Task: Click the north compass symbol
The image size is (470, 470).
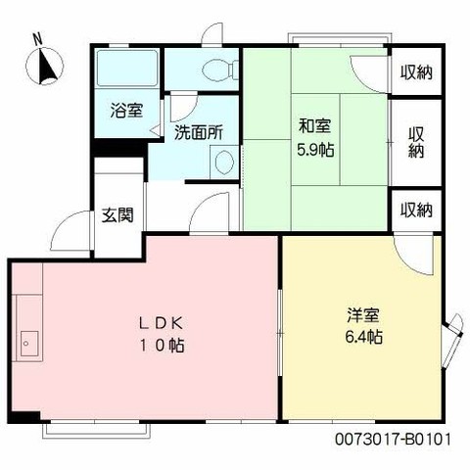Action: click(45, 67)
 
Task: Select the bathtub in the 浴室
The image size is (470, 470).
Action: click(127, 69)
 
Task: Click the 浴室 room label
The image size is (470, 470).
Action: click(126, 111)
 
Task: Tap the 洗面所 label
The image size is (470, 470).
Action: click(199, 133)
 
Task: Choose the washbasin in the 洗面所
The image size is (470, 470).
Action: click(224, 163)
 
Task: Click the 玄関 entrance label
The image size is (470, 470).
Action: click(117, 215)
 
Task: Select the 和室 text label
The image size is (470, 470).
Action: click(315, 126)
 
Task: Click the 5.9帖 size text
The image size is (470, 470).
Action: click(315, 150)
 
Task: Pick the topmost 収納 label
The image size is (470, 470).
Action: click(416, 72)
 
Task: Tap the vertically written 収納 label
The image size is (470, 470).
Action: click(416, 142)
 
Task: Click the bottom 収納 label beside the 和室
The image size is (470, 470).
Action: click(416, 211)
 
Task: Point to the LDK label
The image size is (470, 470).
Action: click(160, 323)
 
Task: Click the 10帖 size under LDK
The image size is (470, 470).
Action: click(163, 346)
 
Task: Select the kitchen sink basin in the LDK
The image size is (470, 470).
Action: click(29, 344)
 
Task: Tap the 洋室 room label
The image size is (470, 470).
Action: click(363, 315)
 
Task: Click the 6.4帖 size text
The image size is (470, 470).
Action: click(364, 337)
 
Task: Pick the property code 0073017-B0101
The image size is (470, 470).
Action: click(393, 440)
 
